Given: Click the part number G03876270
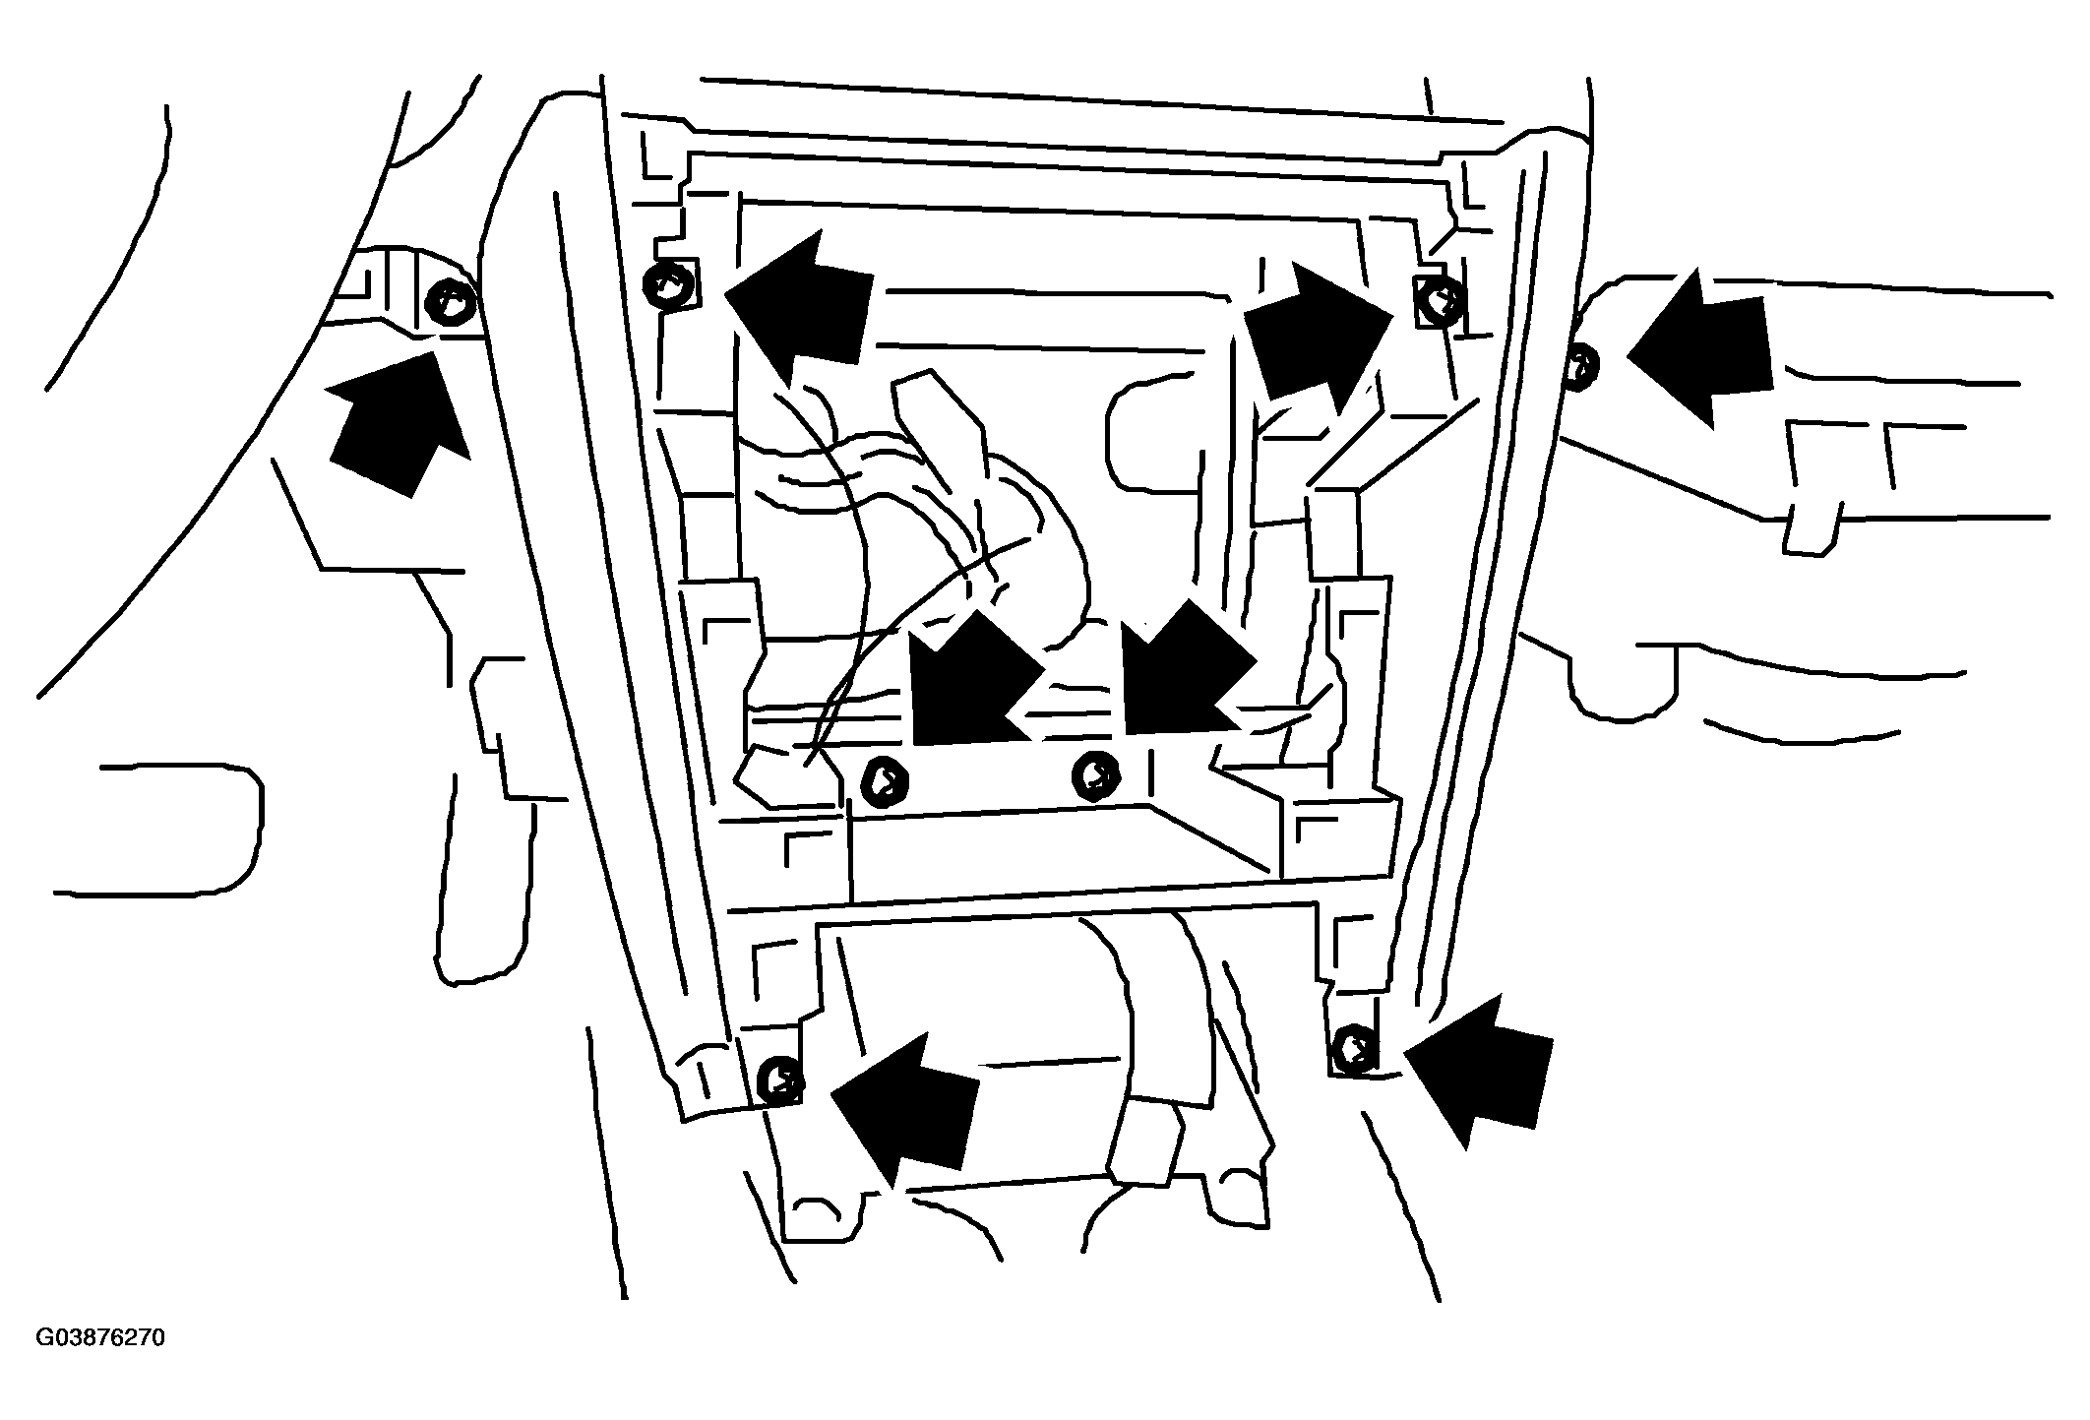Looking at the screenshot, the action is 101,1339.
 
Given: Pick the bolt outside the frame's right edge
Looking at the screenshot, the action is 1581,366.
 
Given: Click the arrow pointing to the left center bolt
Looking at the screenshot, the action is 969,679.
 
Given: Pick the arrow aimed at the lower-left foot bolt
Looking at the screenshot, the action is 905,1107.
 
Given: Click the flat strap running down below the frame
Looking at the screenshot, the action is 1151,1043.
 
